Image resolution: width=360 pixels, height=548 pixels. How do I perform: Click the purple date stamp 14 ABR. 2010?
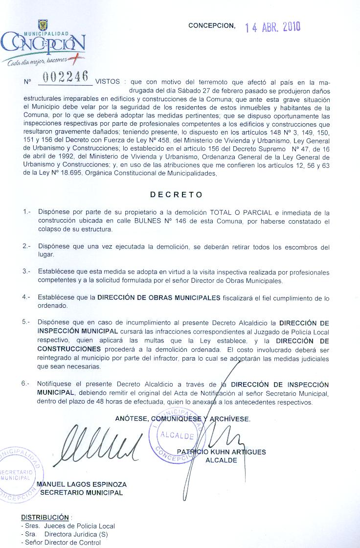click(x=273, y=27)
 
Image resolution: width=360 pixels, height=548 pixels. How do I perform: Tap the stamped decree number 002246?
click(x=66, y=77)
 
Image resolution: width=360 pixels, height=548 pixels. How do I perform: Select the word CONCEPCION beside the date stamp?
click(x=211, y=25)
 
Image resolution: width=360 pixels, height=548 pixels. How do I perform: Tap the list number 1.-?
click(x=26, y=212)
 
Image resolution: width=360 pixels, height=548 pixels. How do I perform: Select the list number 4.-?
click(x=26, y=297)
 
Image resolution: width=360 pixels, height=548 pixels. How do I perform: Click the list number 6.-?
click(x=26, y=385)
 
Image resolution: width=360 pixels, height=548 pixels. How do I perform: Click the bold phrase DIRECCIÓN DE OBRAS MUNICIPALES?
click(x=159, y=297)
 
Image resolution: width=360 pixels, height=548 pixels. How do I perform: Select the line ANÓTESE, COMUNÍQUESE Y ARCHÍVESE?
click(x=182, y=419)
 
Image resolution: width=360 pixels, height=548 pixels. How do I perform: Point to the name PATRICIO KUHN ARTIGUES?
click(x=221, y=452)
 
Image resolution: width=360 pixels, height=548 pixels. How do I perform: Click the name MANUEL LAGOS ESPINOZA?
click(x=82, y=484)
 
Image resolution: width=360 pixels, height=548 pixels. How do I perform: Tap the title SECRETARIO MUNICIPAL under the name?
click(x=81, y=493)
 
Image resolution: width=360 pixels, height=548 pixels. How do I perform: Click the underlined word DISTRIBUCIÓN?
click(x=45, y=517)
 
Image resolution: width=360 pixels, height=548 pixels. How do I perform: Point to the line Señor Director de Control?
click(x=61, y=542)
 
